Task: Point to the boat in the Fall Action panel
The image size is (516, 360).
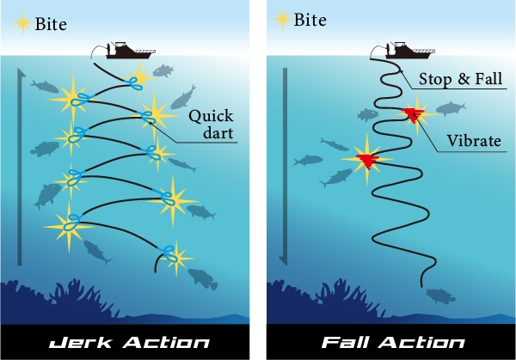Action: pos(399,49)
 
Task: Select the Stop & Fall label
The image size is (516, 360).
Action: pos(461,79)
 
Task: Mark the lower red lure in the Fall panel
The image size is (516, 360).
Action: pos(366,158)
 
